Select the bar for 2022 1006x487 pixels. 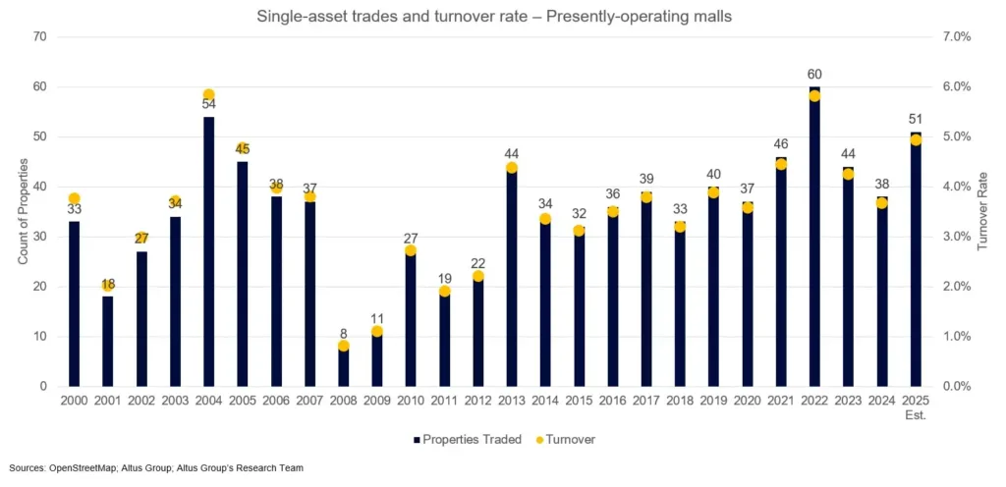click(814, 237)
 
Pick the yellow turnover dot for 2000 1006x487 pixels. click(74, 198)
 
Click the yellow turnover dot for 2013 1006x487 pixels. click(512, 168)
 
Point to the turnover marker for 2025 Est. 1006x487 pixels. click(916, 140)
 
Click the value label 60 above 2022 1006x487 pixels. click(814, 75)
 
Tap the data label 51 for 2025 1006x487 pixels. click(916, 120)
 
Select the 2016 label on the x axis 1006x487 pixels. click(612, 401)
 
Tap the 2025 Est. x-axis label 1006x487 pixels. click(916, 406)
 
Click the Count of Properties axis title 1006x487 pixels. click(24, 211)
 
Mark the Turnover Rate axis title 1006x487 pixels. click(982, 211)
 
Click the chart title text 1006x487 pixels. click(502, 15)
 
